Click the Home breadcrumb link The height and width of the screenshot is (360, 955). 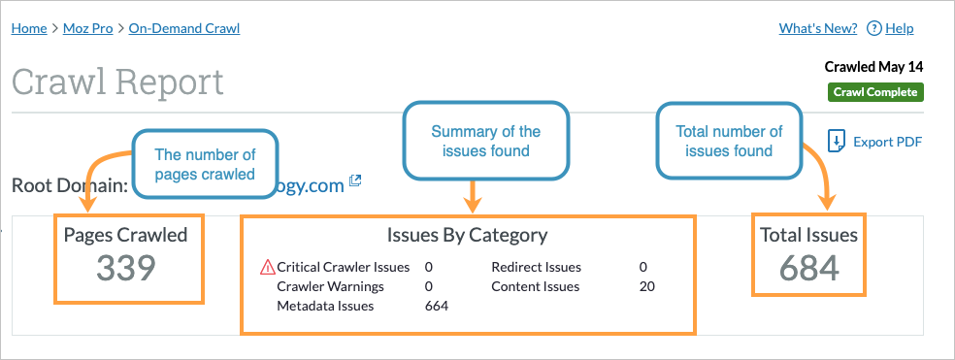29,28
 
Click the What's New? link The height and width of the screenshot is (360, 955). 817,28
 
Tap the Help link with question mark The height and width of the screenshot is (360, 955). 890,28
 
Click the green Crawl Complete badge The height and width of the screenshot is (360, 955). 874,92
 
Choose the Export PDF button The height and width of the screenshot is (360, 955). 874,143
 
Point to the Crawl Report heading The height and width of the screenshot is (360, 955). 117,82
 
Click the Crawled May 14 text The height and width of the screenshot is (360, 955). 873,67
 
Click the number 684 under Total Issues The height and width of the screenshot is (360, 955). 809,269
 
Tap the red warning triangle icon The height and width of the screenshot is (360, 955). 268,267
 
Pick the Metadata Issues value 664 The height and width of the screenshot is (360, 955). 437,306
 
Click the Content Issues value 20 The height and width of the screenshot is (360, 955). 647,286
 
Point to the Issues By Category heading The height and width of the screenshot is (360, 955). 467,235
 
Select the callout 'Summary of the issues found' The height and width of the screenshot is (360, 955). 485,141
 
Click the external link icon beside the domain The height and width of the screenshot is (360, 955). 356,180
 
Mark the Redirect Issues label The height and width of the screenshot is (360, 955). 536,267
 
